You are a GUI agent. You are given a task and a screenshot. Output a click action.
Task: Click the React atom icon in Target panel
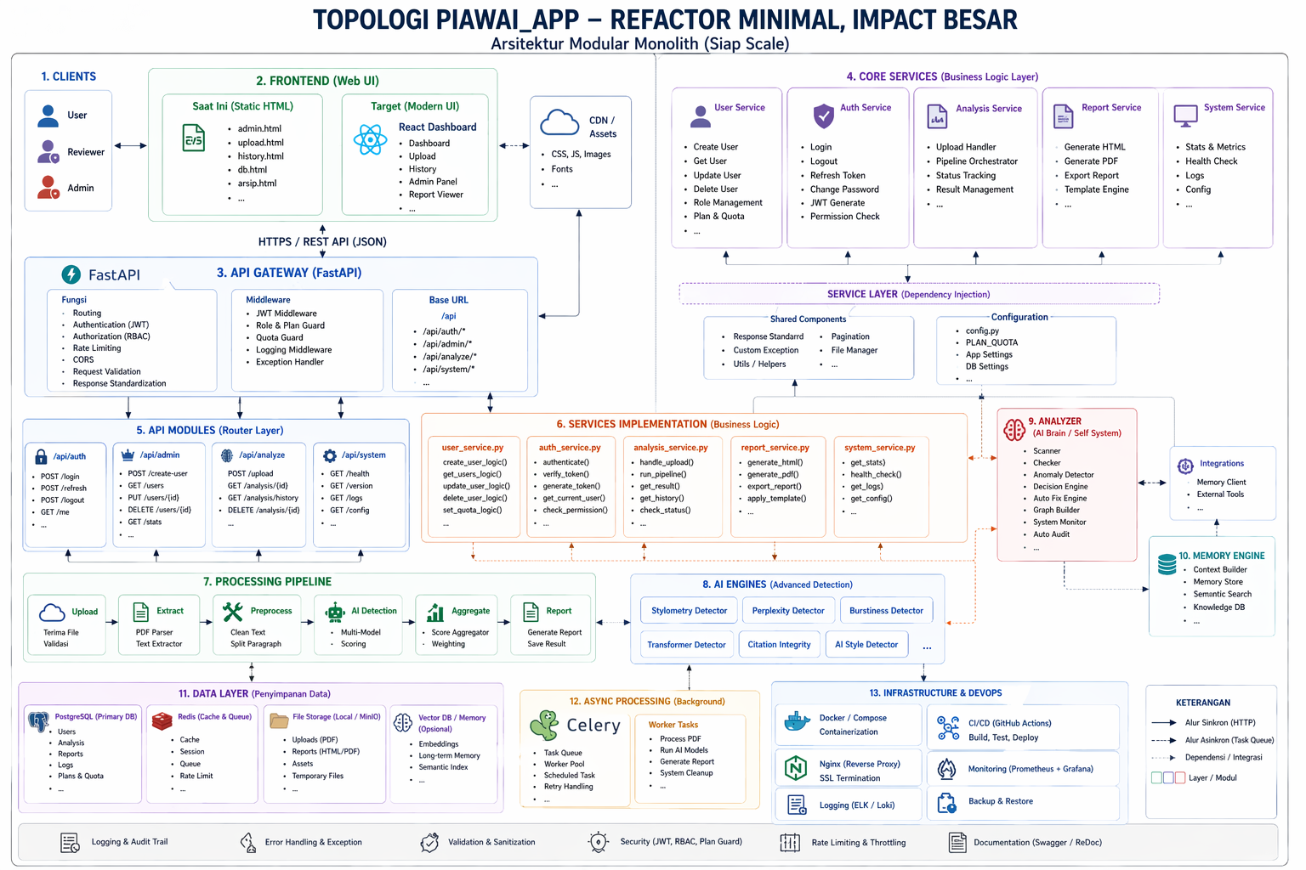(370, 140)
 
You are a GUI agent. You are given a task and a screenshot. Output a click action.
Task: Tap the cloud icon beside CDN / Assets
(559, 122)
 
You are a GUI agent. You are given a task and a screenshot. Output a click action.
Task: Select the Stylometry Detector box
(689, 610)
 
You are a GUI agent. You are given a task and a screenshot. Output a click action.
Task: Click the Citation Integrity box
(779, 644)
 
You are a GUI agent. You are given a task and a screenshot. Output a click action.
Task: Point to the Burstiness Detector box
(886, 610)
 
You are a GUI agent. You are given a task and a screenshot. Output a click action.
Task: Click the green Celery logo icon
(544, 726)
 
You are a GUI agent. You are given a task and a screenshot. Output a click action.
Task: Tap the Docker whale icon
(797, 722)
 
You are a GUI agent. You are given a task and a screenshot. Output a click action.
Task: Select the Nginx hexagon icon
(795, 769)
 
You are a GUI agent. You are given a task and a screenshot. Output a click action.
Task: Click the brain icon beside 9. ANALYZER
(1014, 429)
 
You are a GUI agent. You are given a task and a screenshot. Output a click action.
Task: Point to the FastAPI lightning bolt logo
(71, 274)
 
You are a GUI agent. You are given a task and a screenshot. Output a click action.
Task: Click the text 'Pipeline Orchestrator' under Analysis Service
(977, 161)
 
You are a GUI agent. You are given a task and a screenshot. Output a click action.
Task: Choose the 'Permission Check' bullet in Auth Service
(845, 216)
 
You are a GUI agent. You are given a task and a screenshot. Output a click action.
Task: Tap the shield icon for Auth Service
(823, 116)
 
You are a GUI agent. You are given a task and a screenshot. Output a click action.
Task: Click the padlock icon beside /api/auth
(41, 456)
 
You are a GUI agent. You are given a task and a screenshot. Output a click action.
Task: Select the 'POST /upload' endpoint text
(250, 473)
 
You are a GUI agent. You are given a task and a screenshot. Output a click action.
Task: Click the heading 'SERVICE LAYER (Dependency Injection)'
(908, 294)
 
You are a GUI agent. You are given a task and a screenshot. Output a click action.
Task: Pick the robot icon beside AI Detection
(335, 612)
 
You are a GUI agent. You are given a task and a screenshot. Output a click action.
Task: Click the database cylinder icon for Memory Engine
(1167, 563)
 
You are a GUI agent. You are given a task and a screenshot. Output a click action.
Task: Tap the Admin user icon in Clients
(48, 188)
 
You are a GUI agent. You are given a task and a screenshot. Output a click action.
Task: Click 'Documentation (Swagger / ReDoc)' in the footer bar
(1037, 842)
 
